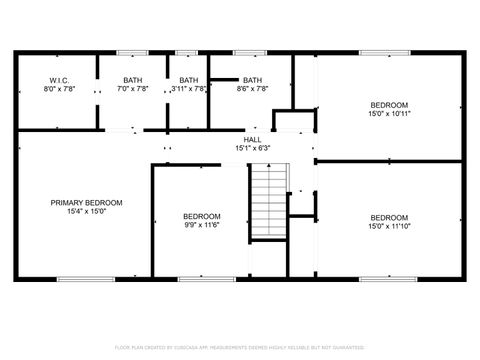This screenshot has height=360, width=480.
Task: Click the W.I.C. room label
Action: coord(56,80)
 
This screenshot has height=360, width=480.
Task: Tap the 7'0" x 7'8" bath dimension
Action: coord(134,89)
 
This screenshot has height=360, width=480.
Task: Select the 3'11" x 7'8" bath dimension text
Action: coord(188,89)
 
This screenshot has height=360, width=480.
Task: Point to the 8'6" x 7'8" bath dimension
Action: coord(252,89)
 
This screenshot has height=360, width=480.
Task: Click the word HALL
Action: coord(252,140)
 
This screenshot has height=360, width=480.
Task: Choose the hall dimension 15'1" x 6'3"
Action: coord(252,149)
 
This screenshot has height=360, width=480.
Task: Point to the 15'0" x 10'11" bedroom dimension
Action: coord(389,114)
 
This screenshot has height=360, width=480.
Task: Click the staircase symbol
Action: coord(266,200)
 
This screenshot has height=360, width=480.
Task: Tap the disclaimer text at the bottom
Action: coord(240,347)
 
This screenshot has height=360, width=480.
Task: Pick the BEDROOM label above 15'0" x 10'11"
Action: coord(389,105)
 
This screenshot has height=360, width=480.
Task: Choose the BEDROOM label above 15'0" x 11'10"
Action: coord(389,218)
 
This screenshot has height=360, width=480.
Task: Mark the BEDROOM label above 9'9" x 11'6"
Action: coord(201,217)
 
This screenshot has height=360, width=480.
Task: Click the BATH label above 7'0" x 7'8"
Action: coord(134,80)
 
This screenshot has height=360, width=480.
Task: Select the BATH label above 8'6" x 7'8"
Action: coord(252,80)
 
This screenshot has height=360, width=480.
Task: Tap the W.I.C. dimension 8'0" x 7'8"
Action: coord(56,89)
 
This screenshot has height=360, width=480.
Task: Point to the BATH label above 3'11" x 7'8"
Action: coord(188,80)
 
